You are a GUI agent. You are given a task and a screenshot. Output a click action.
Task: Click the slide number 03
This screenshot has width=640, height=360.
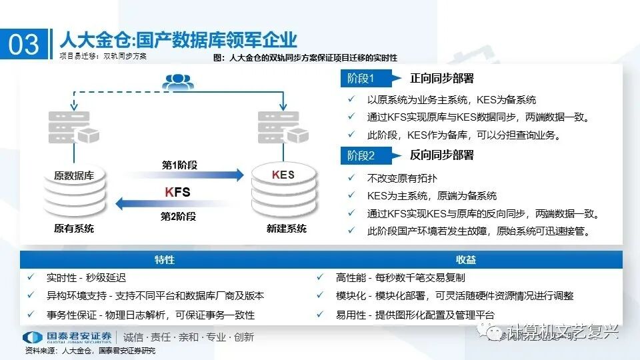click(24, 44)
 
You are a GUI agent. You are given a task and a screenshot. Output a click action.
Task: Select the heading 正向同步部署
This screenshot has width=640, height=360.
click(441, 78)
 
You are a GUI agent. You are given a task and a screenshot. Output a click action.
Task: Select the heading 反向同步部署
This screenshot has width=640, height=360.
click(441, 155)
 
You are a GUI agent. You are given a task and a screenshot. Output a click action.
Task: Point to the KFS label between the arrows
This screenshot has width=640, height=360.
click(177, 192)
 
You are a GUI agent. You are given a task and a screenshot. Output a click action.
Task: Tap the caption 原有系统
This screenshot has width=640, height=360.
click(74, 229)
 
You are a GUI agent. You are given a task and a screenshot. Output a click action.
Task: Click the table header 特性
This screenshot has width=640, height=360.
click(164, 260)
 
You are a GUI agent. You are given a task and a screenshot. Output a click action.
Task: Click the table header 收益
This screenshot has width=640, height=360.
click(466, 260)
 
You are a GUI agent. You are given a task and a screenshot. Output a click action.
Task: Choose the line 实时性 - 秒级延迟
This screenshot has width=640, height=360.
click(86, 277)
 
